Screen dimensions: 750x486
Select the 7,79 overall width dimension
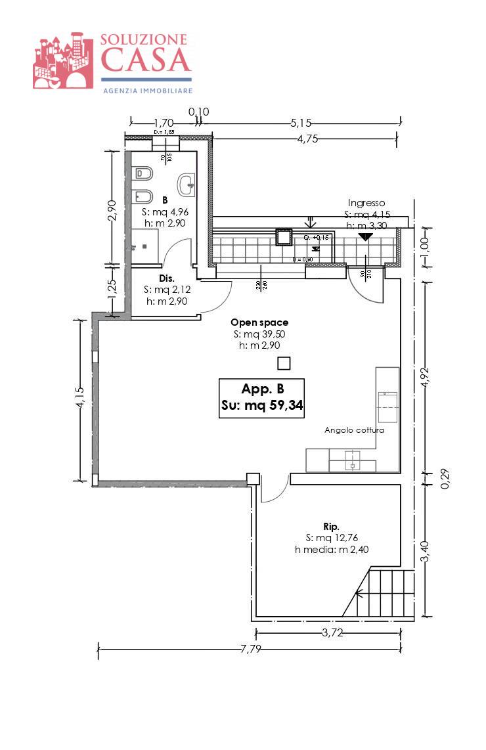(248, 650)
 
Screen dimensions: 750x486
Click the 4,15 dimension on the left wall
(79, 399)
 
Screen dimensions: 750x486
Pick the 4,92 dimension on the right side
(426, 380)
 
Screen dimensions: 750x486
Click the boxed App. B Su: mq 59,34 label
(261, 397)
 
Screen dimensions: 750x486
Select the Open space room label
(259, 322)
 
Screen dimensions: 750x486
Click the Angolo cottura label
(354, 431)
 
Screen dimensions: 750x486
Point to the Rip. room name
(331, 527)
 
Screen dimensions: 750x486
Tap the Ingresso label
(366, 203)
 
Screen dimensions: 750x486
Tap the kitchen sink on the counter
(353, 460)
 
